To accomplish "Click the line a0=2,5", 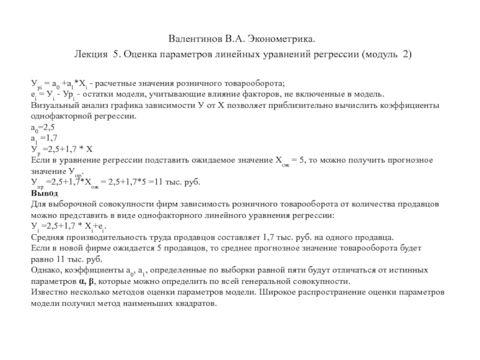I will [x=43, y=128].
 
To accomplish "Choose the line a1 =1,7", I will [x=43, y=138].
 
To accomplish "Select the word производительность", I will [x=110, y=236].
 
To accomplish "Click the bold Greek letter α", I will [x=83, y=281].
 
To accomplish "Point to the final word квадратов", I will [x=192, y=304].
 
